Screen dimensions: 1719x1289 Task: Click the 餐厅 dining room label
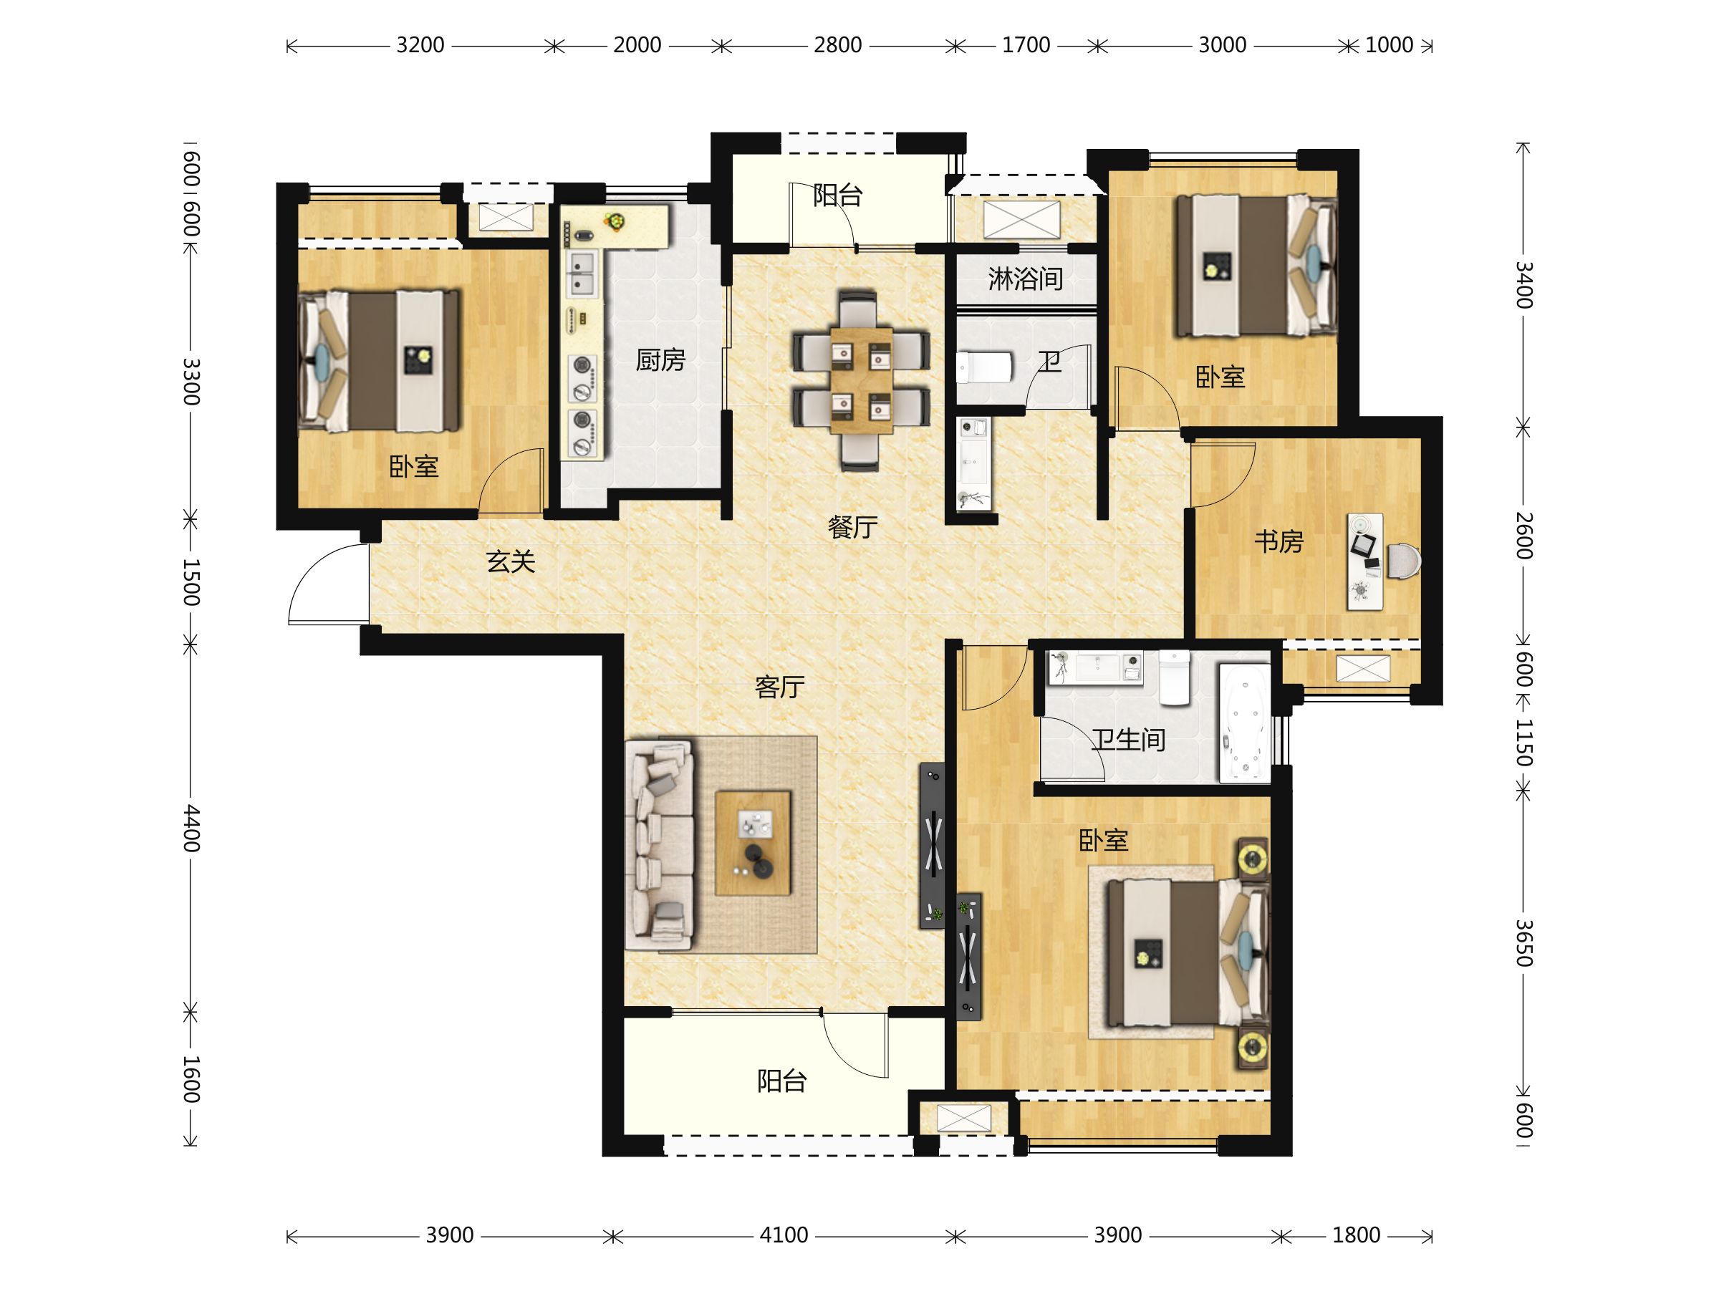pyautogui.click(x=852, y=528)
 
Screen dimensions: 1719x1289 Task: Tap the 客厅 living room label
pyautogui.click(x=779, y=687)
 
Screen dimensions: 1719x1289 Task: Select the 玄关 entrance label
pyautogui.click(x=511, y=561)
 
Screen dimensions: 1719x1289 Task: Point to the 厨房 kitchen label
pyautogui.click(x=660, y=359)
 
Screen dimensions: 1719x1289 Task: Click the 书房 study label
pyautogui.click(x=1279, y=541)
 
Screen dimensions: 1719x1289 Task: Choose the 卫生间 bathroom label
pyautogui.click(x=1128, y=740)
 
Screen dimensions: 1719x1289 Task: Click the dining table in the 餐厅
pyautogui.click(x=861, y=381)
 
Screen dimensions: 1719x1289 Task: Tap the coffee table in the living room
pyautogui.click(x=752, y=844)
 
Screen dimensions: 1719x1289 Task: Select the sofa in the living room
pyautogui.click(x=659, y=844)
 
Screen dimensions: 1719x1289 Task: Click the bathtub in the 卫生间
pyautogui.click(x=1245, y=723)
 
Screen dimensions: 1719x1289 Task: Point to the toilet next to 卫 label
pyautogui.click(x=985, y=367)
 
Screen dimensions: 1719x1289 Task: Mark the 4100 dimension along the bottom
pyautogui.click(x=784, y=1235)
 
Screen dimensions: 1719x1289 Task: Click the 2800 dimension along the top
pyautogui.click(x=838, y=45)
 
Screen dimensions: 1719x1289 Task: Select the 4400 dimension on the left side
pyautogui.click(x=191, y=829)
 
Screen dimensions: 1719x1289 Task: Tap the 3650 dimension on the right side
pyautogui.click(x=1524, y=942)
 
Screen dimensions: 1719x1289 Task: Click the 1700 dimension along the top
pyautogui.click(x=1026, y=45)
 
